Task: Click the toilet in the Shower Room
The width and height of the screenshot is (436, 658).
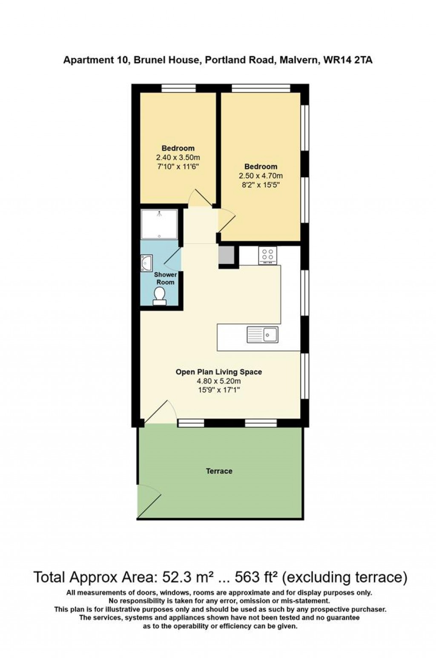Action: [x=160, y=296]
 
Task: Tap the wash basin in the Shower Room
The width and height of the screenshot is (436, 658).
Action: [x=146, y=263]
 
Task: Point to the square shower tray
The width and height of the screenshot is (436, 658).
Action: [x=159, y=224]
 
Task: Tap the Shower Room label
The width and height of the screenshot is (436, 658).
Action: [x=166, y=278]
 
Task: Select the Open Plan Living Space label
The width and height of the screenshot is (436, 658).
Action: [x=218, y=372]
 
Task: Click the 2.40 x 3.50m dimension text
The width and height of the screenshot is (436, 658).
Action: [x=178, y=157]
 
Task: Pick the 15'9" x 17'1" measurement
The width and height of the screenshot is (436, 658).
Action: [x=218, y=390]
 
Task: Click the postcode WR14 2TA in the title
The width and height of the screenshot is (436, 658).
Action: [x=348, y=60]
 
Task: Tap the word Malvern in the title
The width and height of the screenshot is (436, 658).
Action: [x=299, y=60]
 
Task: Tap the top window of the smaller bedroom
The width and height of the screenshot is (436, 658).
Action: [x=179, y=88]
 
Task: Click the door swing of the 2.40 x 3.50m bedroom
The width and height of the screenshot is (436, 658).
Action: [x=200, y=197]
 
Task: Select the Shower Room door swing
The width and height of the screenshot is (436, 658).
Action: [x=172, y=258]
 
